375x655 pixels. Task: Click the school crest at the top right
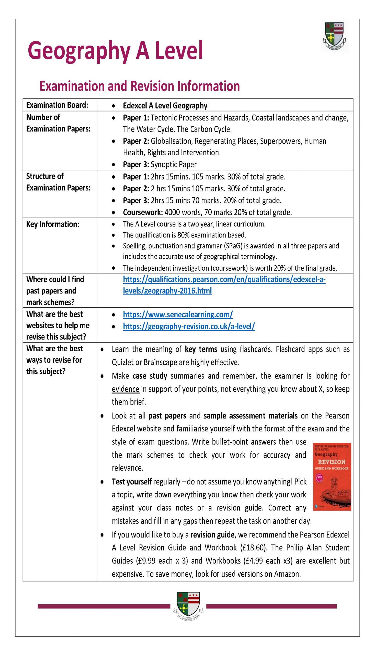pos(335,37)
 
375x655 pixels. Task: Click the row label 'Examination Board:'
pos(57,105)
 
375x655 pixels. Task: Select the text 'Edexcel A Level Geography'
pos(165,106)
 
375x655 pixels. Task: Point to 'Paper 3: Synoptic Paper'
pos(160,164)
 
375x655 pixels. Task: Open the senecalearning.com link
pos(178,314)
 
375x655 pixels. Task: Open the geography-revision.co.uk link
pos(189,326)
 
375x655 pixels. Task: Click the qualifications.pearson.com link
pos(224,279)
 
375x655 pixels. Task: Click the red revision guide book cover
pos(332,477)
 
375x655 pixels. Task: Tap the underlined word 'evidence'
pos(126,389)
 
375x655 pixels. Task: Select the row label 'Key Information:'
pos(53,224)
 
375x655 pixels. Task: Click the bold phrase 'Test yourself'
pos(132,482)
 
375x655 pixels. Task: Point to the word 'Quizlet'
pos(122,362)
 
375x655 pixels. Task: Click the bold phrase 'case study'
pos(150,376)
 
